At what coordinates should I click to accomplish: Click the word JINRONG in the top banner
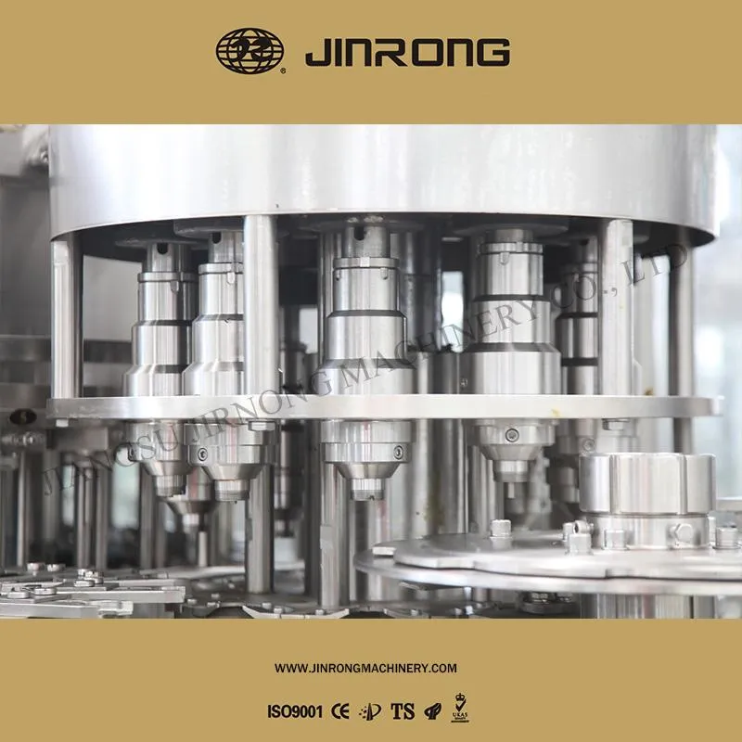407,52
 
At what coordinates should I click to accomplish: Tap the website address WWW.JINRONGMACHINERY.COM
366,668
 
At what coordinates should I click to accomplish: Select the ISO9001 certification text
295,712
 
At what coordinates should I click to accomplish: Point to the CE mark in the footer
340,712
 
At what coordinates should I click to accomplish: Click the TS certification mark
402,712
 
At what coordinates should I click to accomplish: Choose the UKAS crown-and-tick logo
458,710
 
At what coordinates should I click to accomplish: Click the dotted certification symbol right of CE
370,712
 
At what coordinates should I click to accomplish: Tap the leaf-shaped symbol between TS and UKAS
430,712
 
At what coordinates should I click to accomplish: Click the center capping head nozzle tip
366,489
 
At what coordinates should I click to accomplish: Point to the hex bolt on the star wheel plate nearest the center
501,529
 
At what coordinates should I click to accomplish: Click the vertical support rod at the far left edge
65,315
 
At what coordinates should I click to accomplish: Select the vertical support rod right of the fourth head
615,306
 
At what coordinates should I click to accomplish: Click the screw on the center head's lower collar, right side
399,452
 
